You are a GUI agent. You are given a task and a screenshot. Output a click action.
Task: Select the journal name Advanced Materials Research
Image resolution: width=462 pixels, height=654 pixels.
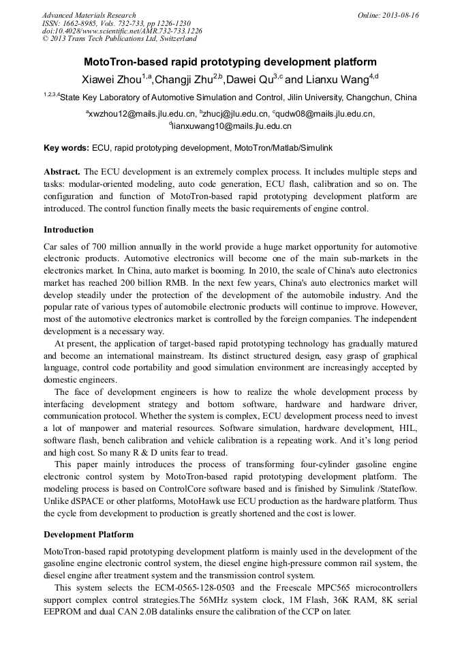point(89,15)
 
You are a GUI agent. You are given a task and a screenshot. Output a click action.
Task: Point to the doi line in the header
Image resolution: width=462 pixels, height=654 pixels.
point(122,31)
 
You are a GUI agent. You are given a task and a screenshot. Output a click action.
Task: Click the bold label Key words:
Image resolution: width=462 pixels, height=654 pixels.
point(66,147)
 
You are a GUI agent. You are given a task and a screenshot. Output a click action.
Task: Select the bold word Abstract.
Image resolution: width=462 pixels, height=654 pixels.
point(62,172)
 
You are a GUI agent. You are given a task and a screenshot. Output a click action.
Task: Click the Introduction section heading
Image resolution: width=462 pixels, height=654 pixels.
point(68,229)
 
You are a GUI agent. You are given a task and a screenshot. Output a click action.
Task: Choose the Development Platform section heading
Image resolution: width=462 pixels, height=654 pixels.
point(89,534)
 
